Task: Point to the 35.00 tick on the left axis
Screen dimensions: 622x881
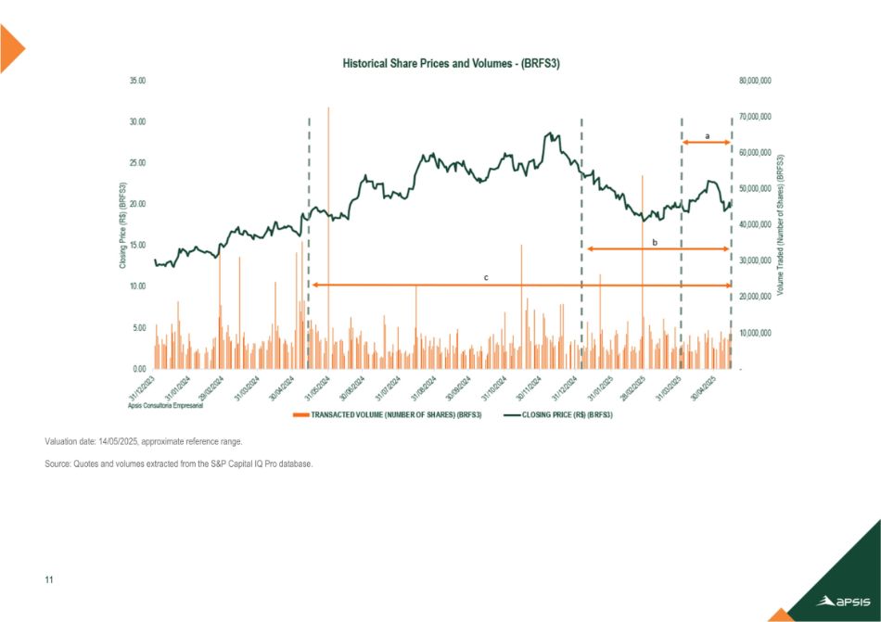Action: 136,82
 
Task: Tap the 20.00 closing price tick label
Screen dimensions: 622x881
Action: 136,204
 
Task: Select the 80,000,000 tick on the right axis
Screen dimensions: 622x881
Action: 752,82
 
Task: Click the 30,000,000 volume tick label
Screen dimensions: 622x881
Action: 752,260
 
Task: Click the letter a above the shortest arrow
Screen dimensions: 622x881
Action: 707,136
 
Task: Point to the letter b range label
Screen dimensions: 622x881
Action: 655,242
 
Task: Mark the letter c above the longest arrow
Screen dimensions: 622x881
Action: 487,277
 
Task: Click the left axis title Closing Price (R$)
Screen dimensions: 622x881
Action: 121,225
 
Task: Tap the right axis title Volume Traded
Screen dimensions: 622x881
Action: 781,225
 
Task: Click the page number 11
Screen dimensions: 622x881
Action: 48,580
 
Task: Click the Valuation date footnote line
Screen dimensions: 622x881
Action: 143,442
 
